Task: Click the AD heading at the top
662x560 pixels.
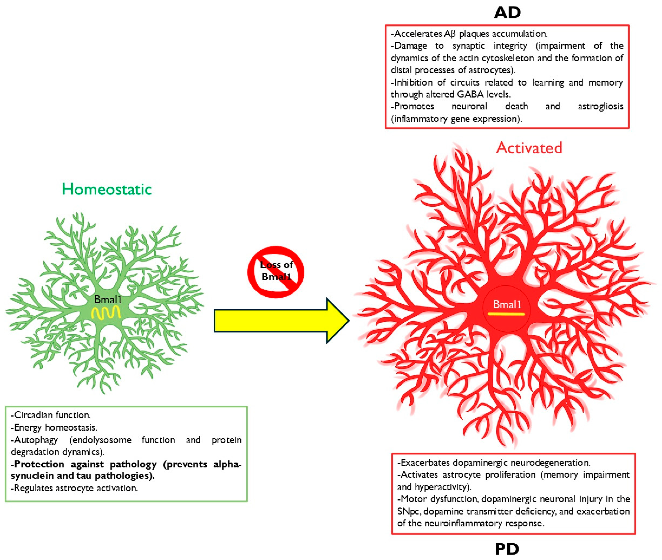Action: click(507, 13)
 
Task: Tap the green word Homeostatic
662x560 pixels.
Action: click(107, 190)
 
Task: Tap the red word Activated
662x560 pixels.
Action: click(529, 148)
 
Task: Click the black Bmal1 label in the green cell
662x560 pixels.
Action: click(108, 299)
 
